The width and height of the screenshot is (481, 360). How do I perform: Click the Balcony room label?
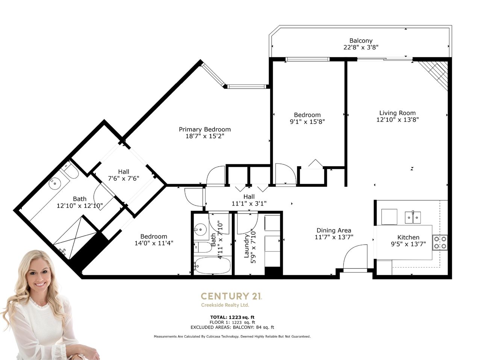[x=361, y=41]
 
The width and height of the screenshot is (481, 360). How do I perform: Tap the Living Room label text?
[x=397, y=113]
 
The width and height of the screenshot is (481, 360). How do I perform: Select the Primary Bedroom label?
[x=205, y=130]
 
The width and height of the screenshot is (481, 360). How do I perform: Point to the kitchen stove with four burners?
[x=440, y=242]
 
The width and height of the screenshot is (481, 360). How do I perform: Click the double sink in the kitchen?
[x=413, y=217]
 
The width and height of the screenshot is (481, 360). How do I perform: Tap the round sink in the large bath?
[x=54, y=183]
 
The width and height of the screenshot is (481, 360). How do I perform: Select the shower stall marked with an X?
[x=74, y=237]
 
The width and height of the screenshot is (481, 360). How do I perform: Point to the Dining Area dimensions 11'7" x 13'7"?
[x=334, y=237]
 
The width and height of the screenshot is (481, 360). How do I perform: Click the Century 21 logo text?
[x=231, y=296]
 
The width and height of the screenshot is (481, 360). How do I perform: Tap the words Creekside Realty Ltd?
[x=225, y=305]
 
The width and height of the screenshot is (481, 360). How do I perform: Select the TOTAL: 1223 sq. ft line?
[x=232, y=317]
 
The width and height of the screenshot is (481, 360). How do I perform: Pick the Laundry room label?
[x=246, y=246]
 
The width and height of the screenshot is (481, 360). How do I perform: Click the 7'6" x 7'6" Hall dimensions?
[x=124, y=178]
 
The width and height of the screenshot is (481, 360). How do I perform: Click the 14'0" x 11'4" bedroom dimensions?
[x=154, y=243]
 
